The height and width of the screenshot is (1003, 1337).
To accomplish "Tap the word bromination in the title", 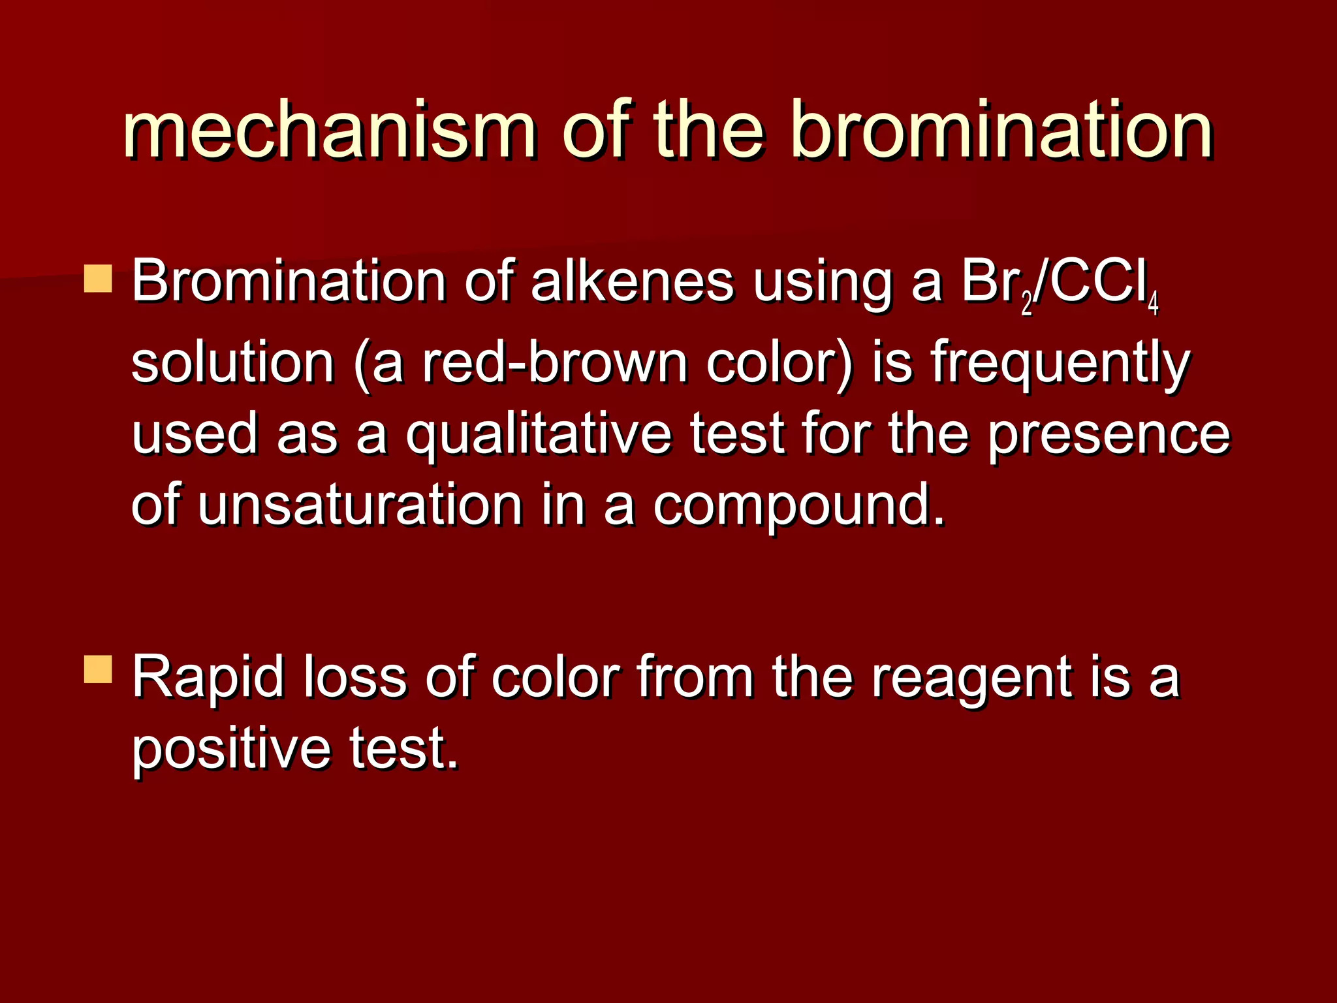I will tap(1001, 131).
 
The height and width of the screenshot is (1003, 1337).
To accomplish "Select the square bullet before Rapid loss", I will tap(99, 670).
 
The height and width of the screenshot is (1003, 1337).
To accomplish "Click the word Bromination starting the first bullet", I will tap(289, 282).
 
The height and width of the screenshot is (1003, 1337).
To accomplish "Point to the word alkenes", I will tap(631, 282).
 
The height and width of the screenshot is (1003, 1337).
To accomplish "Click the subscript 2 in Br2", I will tap(1027, 304).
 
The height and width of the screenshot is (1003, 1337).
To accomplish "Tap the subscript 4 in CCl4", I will tap(1153, 304).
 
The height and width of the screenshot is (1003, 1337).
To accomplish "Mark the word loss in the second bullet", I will tap(355, 678).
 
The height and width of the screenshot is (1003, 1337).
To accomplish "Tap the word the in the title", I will tap(709, 131).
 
